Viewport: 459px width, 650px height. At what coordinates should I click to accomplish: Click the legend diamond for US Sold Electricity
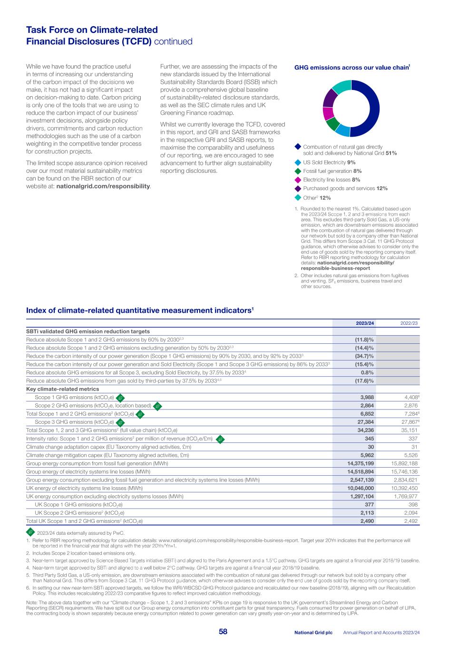point(297,162)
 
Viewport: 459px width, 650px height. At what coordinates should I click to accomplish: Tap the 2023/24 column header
point(365,323)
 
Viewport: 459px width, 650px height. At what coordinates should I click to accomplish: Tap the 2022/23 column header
point(409,323)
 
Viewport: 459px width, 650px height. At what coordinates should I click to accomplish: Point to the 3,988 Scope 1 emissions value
point(366,397)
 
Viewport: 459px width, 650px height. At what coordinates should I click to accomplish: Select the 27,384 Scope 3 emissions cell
point(364,422)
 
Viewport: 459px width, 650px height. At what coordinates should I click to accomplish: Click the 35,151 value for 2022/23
point(408,430)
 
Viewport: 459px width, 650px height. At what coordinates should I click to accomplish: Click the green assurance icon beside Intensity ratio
point(220,439)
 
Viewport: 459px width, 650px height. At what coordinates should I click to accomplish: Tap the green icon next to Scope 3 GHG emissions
point(121,422)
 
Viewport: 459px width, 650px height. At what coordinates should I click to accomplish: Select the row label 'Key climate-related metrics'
point(62,389)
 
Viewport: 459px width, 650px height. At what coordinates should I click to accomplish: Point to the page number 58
point(223,632)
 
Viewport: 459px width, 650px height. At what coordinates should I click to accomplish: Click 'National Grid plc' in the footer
point(313,632)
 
